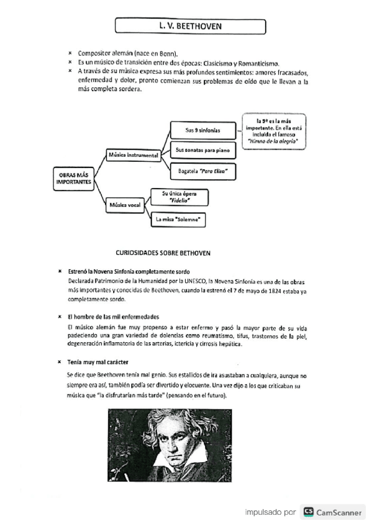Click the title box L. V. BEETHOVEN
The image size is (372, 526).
190,27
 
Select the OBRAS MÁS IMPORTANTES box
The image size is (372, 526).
72,179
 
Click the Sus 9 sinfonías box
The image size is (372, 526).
202,131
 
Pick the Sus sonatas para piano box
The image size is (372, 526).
202,150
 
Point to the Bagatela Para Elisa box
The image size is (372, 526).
202,170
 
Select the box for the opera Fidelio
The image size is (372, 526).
179,198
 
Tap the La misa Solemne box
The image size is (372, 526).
179,219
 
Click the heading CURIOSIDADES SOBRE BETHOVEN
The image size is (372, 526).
163,253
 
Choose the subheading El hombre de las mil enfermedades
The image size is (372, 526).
113,316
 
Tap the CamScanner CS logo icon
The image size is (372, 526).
308,512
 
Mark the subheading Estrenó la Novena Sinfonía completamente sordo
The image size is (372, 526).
129,272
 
